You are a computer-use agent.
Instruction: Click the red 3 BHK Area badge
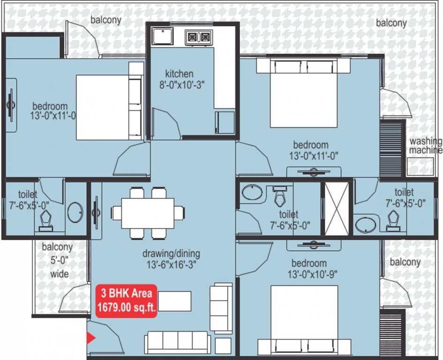pyautogui.click(x=127, y=300)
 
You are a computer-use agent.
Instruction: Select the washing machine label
pyautogui.click(x=426, y=146)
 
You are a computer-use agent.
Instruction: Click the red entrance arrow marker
pyautogui.click(x=91, y=337)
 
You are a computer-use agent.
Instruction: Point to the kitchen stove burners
pyautogui.click(x=199, y=37)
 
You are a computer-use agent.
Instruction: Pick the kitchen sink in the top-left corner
pyautogui.click(x=162, y=36)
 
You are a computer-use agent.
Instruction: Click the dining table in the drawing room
pyautogui.click(x=148, y=213)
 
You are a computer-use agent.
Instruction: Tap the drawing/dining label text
pyautogui.click(x=171, y=254)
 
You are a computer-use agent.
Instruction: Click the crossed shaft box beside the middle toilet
pyautogui.click(x=337, y=209)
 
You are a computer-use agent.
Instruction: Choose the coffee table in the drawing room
pyautogui.click(x=174, y=301)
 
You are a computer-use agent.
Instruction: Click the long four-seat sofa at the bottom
pyautogui.click(x=178, y=343)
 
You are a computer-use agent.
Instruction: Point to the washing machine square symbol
pyautogui.click(x=420, y=166)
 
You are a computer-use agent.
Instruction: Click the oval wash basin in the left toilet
pyautogui.click(x=75, y=212)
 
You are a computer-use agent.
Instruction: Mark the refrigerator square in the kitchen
pyautogui.click(x=225, y=122)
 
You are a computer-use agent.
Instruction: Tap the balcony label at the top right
pyautogui.click(x=391, y=22)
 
